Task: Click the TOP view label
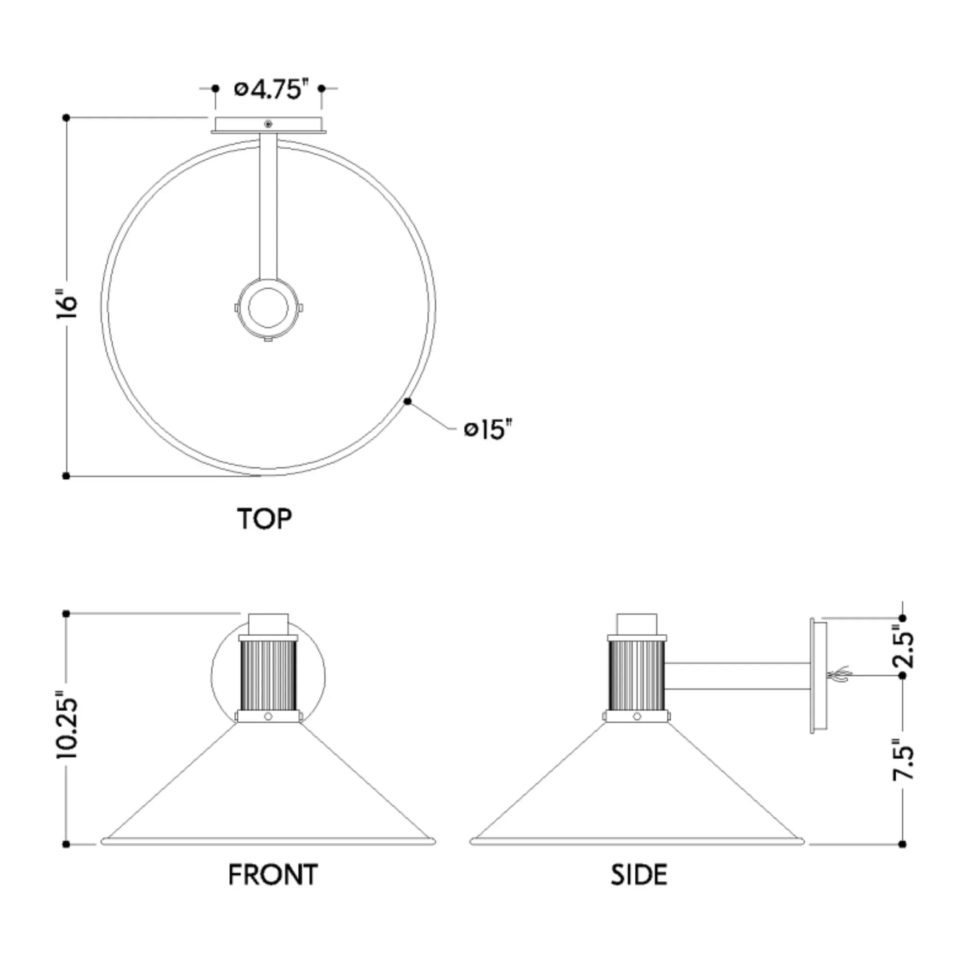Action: point(264,519)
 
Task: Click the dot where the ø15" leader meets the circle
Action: point(408,401)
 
